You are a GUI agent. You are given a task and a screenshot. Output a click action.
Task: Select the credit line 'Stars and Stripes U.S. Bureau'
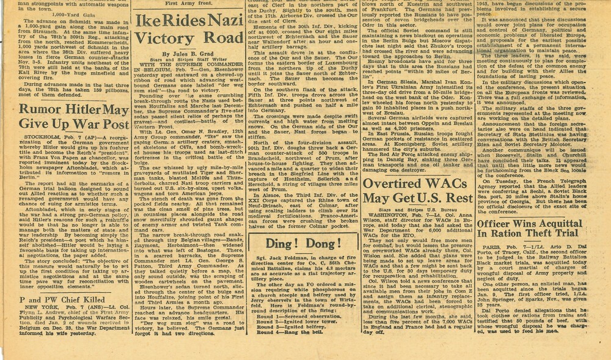(430, 210)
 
